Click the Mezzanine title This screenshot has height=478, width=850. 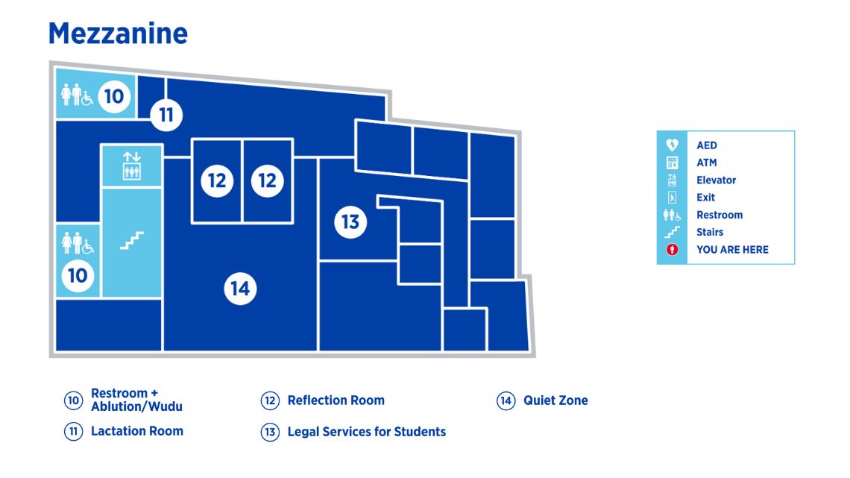coord(118,34)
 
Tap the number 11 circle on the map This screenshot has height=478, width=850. coord(166,115)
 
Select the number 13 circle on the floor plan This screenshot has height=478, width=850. coord(350,221)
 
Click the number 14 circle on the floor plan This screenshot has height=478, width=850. coord(240,289)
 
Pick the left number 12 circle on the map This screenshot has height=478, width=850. coord(217,180)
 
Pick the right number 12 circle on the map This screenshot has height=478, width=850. coord(267,180)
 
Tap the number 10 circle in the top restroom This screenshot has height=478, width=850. coord(114,96)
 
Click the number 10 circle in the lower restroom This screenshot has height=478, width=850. coord(78,275)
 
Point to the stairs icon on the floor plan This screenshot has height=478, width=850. coord(132,240)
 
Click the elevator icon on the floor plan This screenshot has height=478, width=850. coord(132,166)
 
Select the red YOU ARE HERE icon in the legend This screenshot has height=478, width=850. coord(672,250)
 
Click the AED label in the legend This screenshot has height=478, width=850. coord(706,145)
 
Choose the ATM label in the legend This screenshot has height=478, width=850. coord(706,163)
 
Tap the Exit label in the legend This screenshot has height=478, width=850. coord(705,198)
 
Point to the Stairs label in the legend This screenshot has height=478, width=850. coord(710,232)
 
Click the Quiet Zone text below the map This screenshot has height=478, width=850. coord(555,400)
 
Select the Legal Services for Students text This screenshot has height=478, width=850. coord(366,432)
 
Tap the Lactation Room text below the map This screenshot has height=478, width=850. coord(136,431)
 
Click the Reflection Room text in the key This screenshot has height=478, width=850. coord(336,400)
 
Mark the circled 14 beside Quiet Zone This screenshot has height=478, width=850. coord(506,401)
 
